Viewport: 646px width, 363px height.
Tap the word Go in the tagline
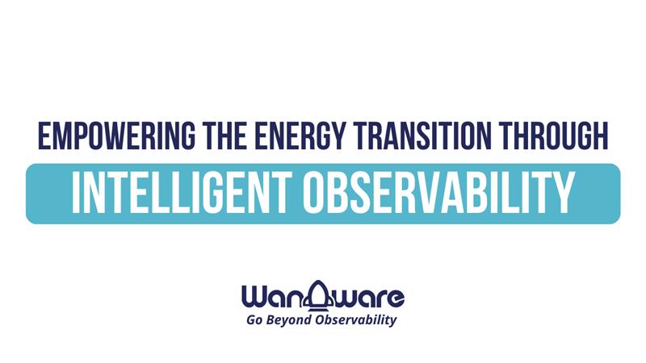(x=254, y=320)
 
